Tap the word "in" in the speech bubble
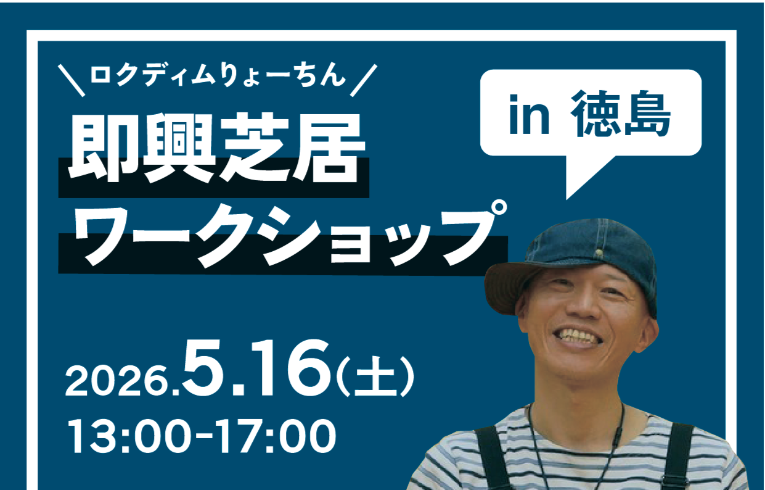tap(529, 115)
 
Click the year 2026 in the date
tap(118, 381)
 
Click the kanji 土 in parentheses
tap(375, 376)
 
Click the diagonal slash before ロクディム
tap(72, 80)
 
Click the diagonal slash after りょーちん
tap(364, 80)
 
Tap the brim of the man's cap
tap(512, 287)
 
